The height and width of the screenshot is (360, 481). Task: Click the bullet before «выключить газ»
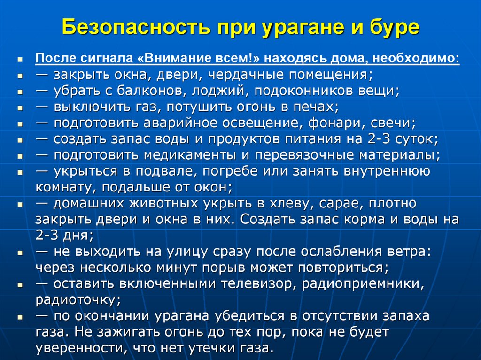(x=20, y=108)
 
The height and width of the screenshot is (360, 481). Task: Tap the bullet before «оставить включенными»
(x=20, y=285)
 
